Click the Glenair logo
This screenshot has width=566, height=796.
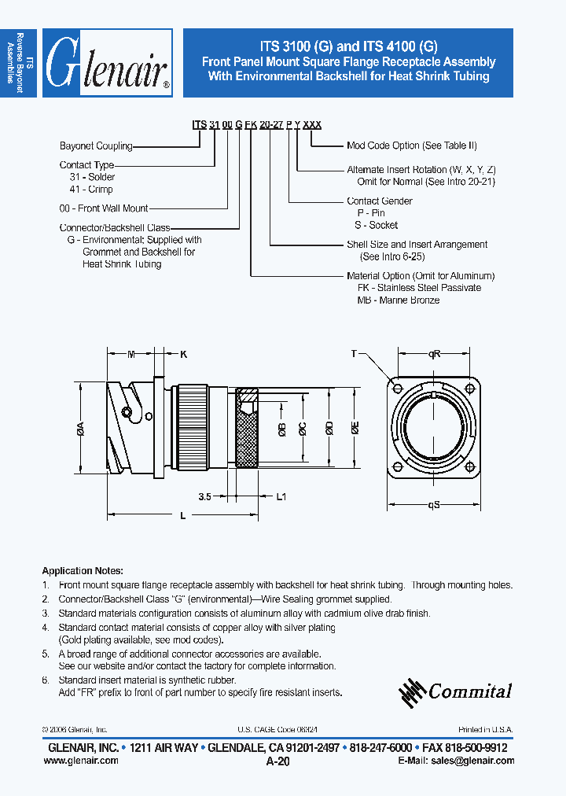coord(107,64)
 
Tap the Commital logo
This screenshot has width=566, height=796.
coord(456,691)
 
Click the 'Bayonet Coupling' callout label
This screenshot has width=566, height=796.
coord(96,146)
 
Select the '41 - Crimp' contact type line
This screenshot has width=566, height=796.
coord(91,190)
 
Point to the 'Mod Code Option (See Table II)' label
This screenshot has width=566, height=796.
coord(411,146)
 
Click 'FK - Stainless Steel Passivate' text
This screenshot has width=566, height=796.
coord(419,288)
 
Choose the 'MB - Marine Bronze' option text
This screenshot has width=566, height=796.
coord(398,300)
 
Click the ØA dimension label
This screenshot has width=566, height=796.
coord(80,429)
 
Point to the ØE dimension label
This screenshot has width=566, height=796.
coord(355,428)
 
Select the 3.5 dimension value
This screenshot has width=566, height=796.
coord(205,496)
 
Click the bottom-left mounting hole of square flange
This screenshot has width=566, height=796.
coord(395,470)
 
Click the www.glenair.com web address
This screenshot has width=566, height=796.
coord(85,761)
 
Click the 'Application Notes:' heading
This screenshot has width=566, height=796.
coord(83,571)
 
